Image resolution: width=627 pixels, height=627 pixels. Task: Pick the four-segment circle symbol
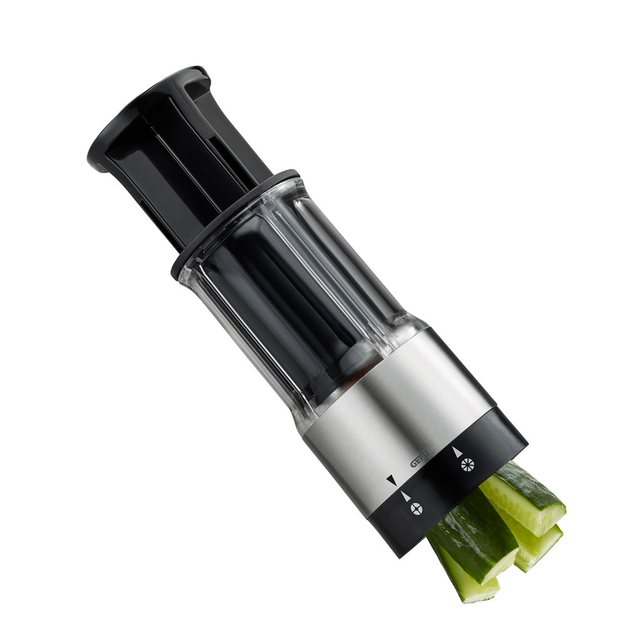pos(415,509)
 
